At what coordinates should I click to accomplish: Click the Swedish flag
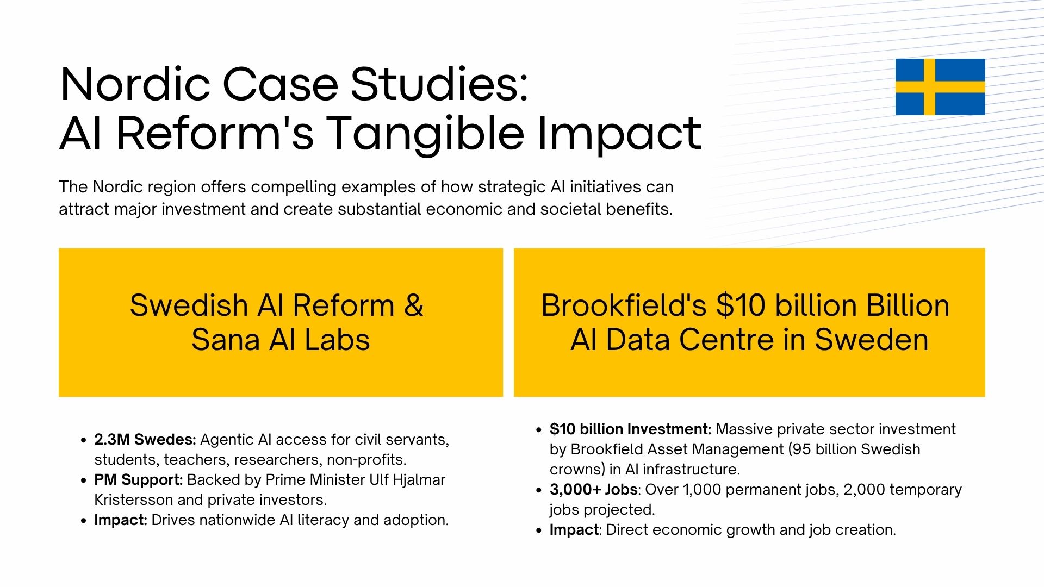coord(940,87)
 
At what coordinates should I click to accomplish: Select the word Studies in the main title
coord(439,84)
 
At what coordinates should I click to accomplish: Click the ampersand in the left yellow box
coord(414,305)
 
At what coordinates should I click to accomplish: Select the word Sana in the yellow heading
coord(225,340)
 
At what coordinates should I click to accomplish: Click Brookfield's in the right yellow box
coord(624,305)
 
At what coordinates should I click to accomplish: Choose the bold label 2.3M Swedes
coord(145,439)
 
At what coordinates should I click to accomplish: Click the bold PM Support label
coord(138,480)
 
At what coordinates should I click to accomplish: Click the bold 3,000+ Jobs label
coord(594,490)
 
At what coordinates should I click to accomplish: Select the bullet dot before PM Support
coord(83,480)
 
